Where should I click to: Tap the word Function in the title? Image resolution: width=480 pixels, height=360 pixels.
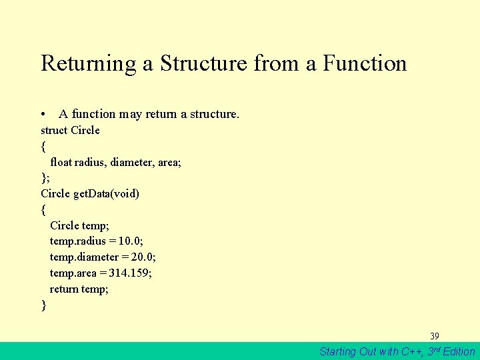(x=365, y=63)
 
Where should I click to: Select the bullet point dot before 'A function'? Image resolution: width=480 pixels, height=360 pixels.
(x=43, y=115)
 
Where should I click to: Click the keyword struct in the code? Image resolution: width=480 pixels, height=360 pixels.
(x=54, y=130)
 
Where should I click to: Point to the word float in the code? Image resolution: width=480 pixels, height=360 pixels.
(x=61, y=162)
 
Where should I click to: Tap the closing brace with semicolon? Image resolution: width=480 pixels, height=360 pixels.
(x=45, y=177)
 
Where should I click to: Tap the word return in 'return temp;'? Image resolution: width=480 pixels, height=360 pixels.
(x=64, y=289)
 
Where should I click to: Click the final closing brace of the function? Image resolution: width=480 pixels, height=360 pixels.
(x=43, y=305)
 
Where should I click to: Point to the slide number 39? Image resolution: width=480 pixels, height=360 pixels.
(x=434, y=336)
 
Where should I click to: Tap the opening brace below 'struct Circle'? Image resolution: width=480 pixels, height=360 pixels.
(x=43, y=146)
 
